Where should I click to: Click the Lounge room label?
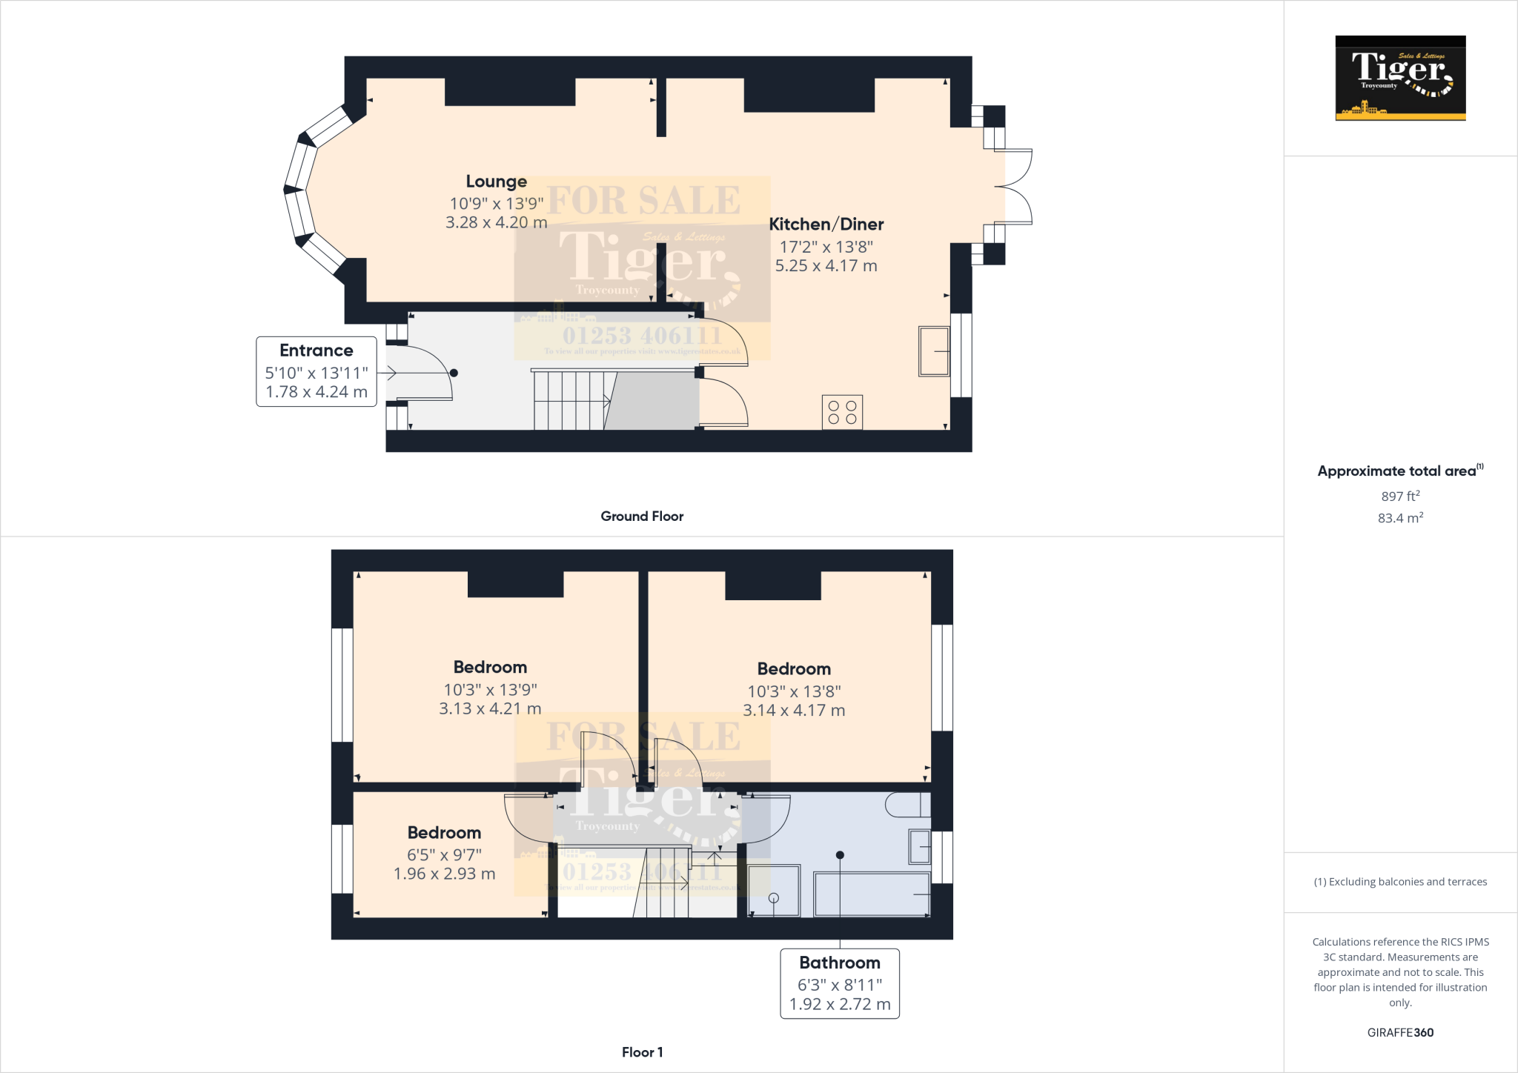(x=496, y=182)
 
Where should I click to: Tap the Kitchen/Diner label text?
(x=826, y=224)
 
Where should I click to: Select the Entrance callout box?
(x=316, y=371)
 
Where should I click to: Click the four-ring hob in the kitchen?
(x=842, y=412)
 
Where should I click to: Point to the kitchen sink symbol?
(x=934, y=351)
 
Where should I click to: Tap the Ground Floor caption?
(x=642, y=516)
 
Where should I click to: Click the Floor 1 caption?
(x=642, y=1052)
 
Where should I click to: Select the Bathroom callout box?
(x=840, y=983)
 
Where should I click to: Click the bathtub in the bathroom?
(x=872, y=894)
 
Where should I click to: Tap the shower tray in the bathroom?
(x=774, y=891)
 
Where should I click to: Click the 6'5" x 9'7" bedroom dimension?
(x=444, y=854)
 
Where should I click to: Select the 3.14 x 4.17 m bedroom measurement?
(x=794, y=711)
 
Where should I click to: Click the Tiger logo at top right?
(x=1400, y=78)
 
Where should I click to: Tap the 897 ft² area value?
(x=1400, y=496)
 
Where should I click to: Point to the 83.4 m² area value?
(x=1400, y=518)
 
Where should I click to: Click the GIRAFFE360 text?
(x=1400, y=1032)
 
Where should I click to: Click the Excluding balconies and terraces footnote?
(x=1400, y=882)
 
